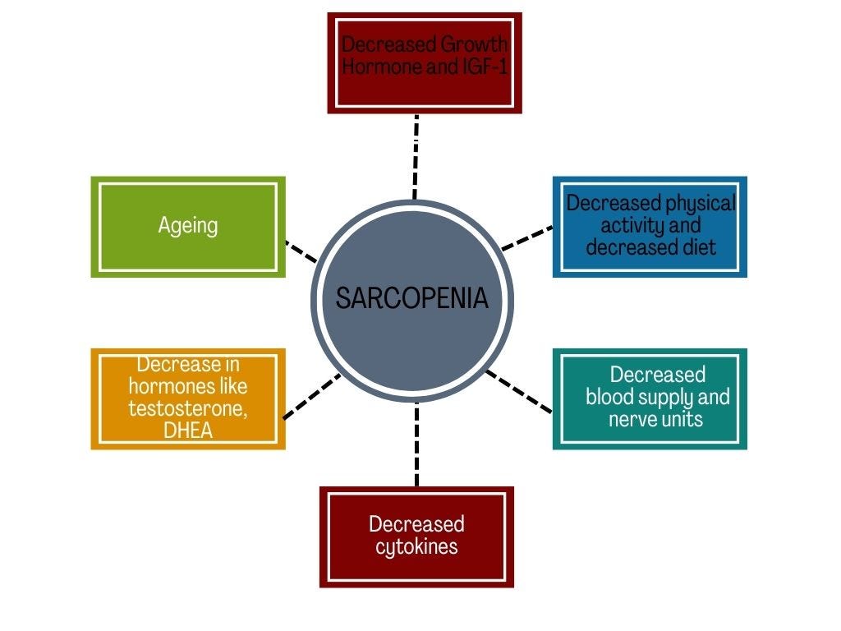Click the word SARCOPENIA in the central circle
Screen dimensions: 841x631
coord(411,298)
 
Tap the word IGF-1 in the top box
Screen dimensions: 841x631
coord(482,67)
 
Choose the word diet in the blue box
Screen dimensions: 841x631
coord(697,246)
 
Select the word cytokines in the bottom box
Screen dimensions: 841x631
coord(416,546)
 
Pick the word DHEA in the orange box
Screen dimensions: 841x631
coord(188,430)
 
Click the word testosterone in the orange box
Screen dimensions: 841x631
coord(188,408)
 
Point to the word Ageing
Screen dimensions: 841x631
coord(188,225)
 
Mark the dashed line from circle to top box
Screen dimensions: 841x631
coord(416,156)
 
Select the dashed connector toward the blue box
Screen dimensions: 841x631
coord(527,237)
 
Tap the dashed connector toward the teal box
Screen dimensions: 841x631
coord(518,391)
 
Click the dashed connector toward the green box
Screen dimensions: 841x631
coord(301,251)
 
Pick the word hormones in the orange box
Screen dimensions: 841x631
coord(188,385)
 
